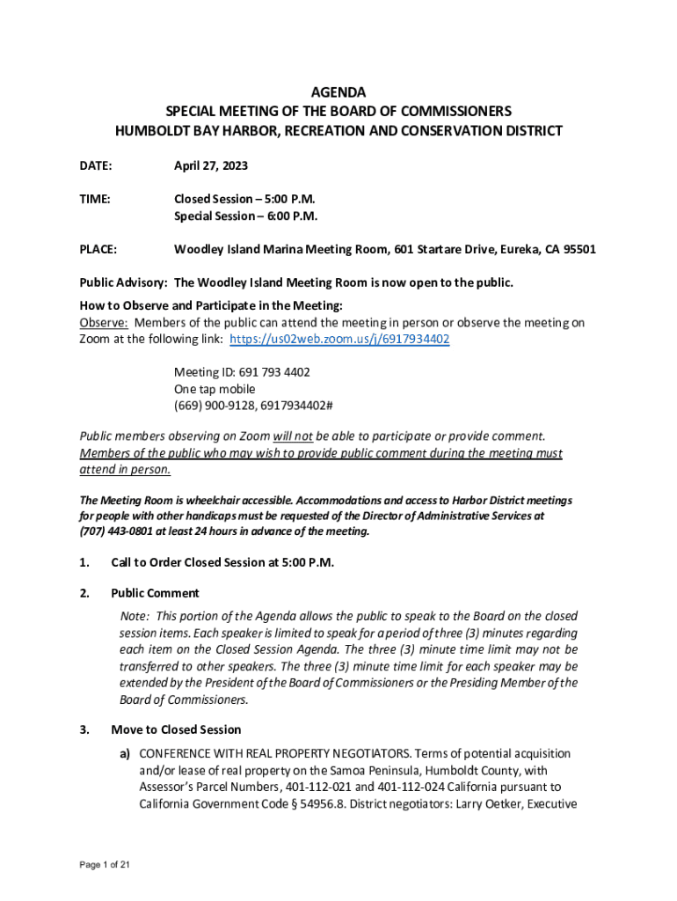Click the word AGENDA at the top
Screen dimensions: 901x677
click(x=338, y=92)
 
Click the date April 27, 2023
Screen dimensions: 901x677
click(x=211, y=165)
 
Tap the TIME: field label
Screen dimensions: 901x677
click(x=95, y=199)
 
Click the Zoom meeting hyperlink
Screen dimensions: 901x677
click(x=339, y=340)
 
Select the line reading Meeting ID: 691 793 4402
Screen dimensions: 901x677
click(x=242, y=372)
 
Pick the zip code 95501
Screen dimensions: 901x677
click(x=578, y=249)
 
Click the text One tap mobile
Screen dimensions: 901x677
click(x=215, y=389)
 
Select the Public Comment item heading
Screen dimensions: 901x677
click(x=155, y=593)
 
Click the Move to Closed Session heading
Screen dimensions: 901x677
click(x=176, y=729)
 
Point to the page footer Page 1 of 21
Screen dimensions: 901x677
click(x=105, y=866)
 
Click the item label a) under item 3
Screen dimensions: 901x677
click(x=127, y=754)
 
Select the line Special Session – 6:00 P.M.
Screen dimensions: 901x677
click(x=245, y=216)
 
